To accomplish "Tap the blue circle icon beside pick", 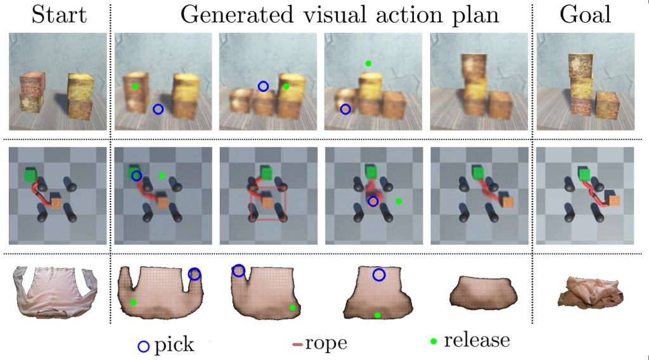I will click(x=144, y=346).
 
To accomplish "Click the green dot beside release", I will click(x=434, y=342).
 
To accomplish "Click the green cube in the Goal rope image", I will click(x=584, y=174).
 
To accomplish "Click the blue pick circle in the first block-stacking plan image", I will click(x=158, y=109).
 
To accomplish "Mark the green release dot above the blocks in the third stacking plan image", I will click(x=368, y=63).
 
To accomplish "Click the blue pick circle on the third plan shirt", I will click(x=378, y=274).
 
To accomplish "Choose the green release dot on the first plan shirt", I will click(x=133, y=302).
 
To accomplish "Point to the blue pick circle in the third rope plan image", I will click(x=373, y=201).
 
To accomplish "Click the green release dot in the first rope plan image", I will click(x=162, y=176).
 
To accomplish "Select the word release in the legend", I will click(x=477, y=340).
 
